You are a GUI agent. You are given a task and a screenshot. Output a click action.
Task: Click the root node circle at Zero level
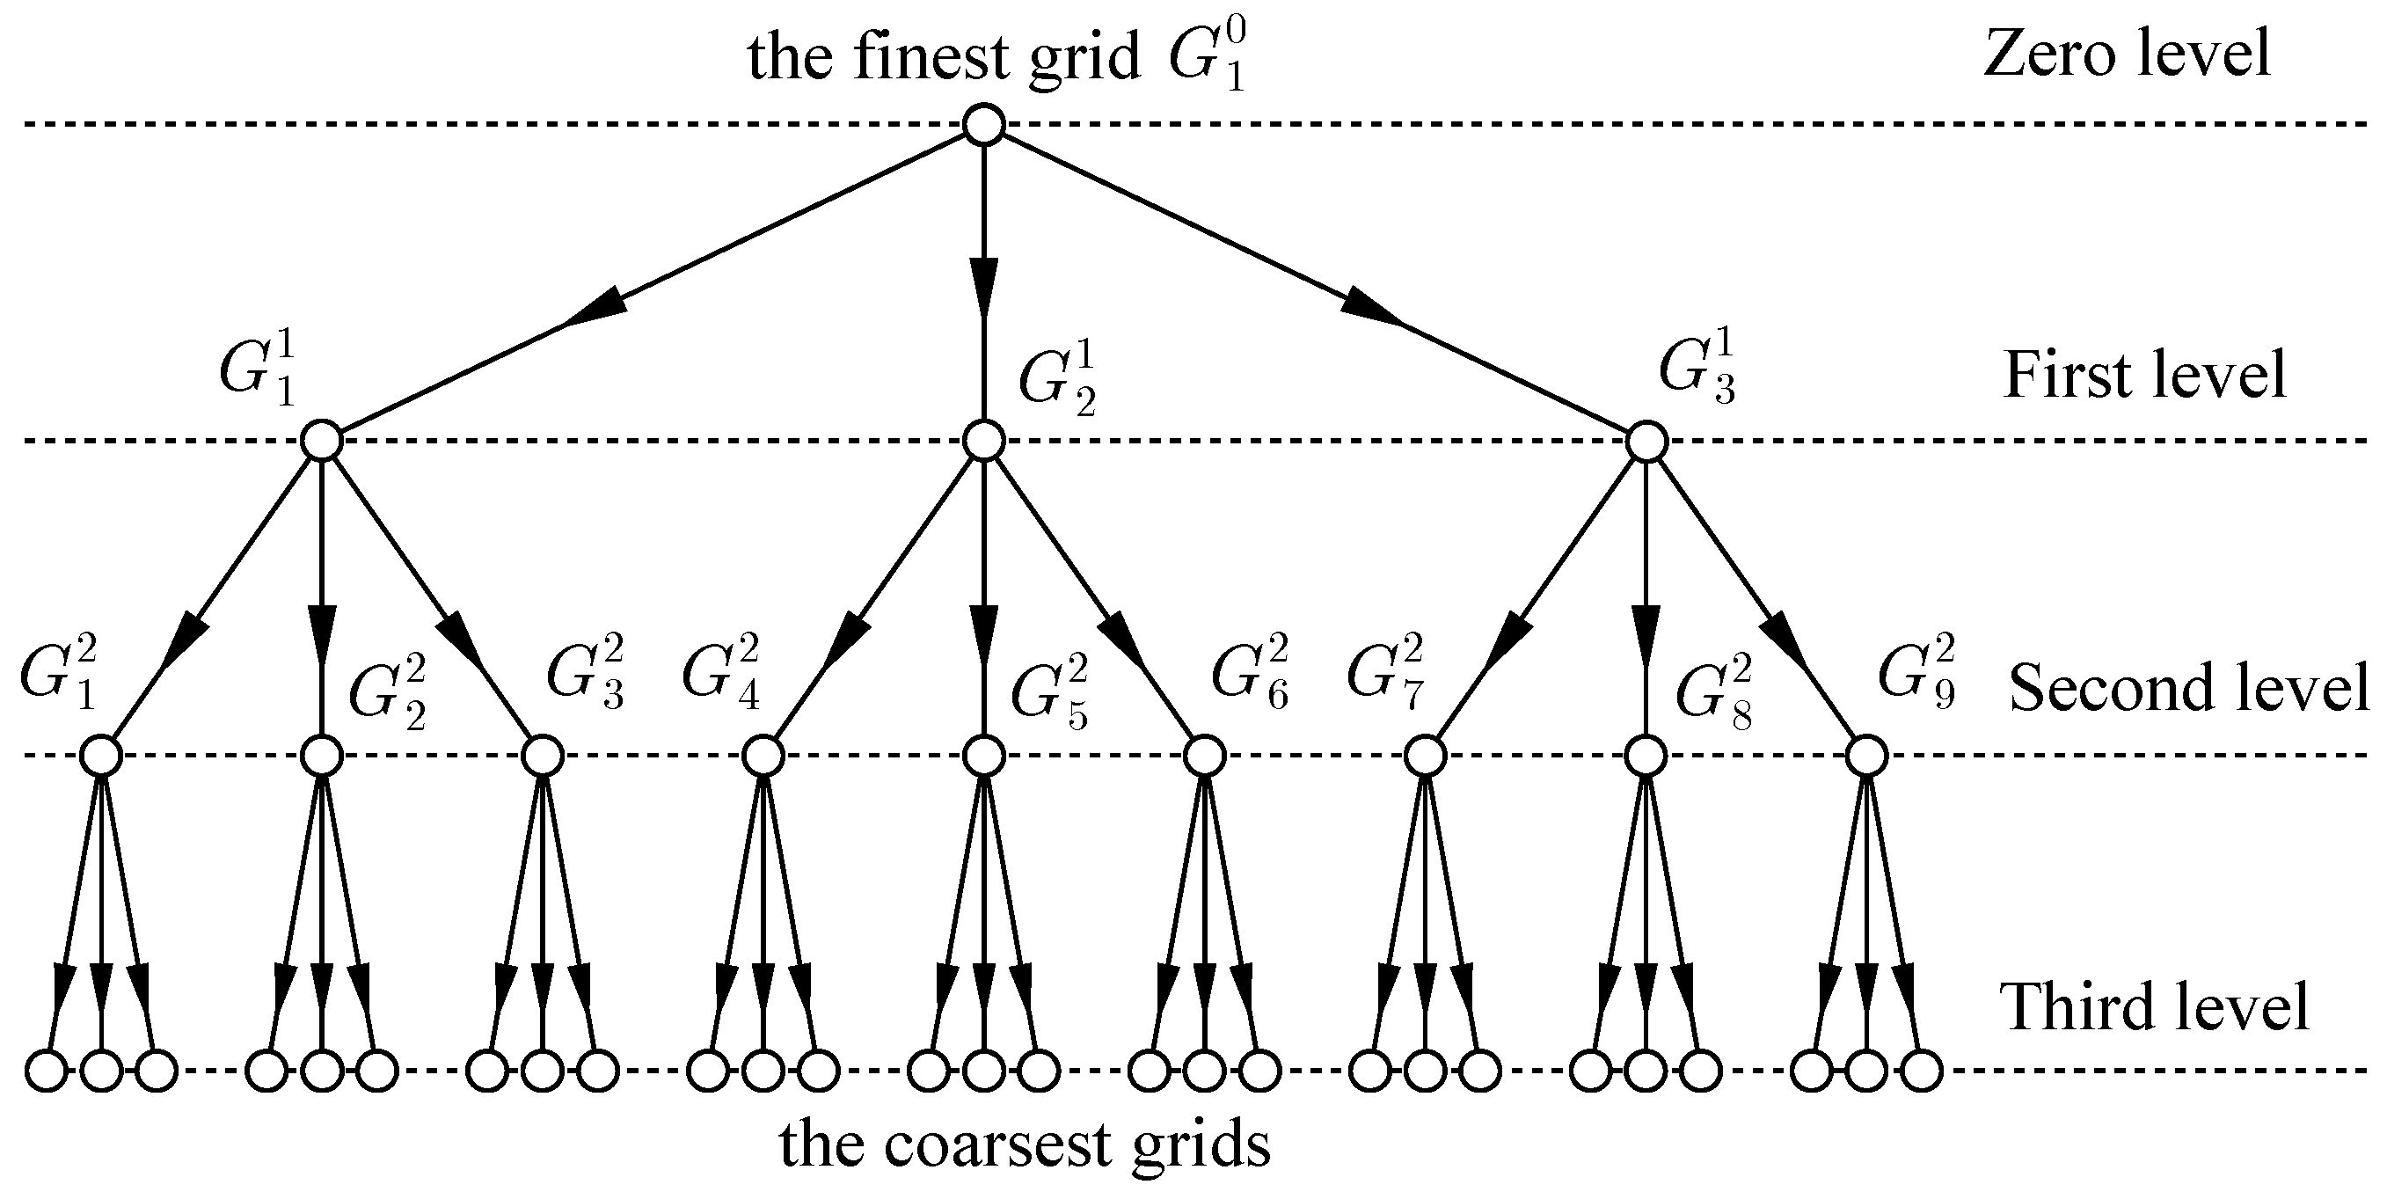(983, 124)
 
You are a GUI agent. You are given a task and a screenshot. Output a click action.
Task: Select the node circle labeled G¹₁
(322, 442)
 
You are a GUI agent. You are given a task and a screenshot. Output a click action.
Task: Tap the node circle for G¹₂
(983, 442)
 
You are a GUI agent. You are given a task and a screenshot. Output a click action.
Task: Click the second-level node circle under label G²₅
(983, 757)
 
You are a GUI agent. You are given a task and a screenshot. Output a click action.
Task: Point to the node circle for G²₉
(1866, 757)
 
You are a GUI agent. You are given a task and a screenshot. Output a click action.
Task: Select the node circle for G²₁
(101, 757)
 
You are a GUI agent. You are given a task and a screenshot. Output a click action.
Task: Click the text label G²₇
(1384, 671)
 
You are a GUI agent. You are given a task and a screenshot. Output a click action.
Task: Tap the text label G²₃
(586, 671)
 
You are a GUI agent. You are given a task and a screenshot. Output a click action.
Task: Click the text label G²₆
(1249, 671)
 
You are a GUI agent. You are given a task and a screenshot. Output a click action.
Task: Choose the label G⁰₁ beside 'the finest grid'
(1206, 57)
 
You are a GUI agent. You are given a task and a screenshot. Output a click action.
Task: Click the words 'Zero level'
(2126, 54)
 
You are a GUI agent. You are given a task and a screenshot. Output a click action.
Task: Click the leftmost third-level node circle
(47, 1071)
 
